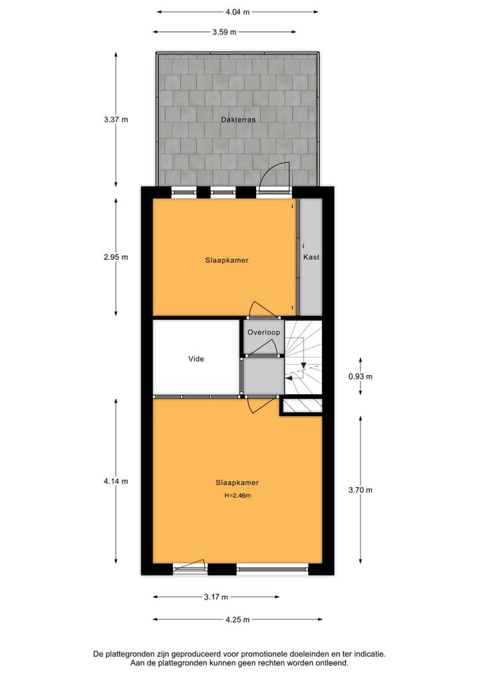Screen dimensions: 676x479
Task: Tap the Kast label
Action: (311, 257)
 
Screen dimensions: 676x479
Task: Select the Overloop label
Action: (263, 332)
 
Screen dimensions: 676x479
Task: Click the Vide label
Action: (196, 359)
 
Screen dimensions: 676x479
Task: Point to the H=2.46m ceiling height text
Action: (237, 495)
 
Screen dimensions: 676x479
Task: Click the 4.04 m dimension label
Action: (238, 11)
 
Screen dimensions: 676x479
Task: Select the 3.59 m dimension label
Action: (224, 31)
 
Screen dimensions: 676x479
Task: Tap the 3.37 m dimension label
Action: (116, 120)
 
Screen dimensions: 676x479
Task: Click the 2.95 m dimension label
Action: (116, 257)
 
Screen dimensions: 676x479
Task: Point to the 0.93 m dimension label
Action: (361, 377)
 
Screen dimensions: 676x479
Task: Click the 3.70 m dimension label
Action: (361, 490)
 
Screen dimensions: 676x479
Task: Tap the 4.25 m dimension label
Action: (238, 620)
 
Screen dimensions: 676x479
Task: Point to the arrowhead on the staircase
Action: (303, 364)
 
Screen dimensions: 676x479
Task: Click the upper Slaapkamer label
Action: (227, 261)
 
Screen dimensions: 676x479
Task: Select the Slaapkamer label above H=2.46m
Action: (237, 483)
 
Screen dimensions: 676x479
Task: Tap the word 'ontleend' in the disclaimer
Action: (331, 663)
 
